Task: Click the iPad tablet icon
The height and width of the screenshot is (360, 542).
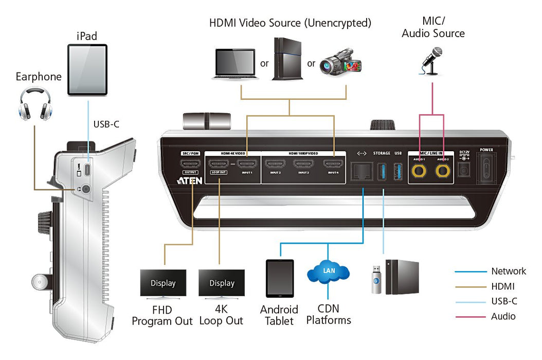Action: pos(87,69)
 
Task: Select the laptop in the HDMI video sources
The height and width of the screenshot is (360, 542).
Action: pos(233,64)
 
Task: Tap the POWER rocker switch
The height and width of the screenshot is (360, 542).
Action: pos(486,169)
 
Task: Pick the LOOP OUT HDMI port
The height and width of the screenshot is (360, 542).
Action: pos(219,165)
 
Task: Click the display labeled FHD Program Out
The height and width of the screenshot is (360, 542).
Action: pos(163,284)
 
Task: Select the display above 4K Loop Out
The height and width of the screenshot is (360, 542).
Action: pos(222,284)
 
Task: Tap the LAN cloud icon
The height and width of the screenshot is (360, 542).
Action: pos(328,272)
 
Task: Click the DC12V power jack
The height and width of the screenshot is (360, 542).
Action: pos(465,171)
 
